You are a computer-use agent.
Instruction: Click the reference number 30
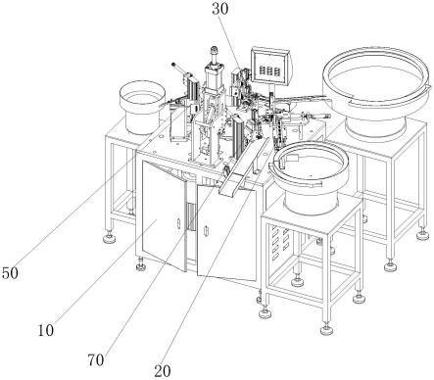(220, 9)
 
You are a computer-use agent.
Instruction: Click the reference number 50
(10, 273)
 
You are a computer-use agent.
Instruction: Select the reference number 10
(46, 331)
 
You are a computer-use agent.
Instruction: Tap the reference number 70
(96, 360)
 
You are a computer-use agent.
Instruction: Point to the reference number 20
(163, 371)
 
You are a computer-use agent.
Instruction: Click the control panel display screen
(270, 67)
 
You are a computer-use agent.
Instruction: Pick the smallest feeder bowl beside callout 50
(142, 108)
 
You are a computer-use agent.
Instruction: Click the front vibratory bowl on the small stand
(309, 176)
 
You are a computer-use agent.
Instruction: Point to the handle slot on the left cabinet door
(178, 224)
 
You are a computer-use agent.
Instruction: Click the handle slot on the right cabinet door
(206, 231)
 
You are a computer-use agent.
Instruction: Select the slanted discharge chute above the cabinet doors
(245, 166)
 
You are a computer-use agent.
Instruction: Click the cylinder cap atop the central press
(215, 51)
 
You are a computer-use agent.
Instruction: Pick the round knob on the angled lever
(173, 65)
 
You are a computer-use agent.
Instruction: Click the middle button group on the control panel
(270, 71)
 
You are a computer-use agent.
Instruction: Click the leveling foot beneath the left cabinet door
(141, 265)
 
